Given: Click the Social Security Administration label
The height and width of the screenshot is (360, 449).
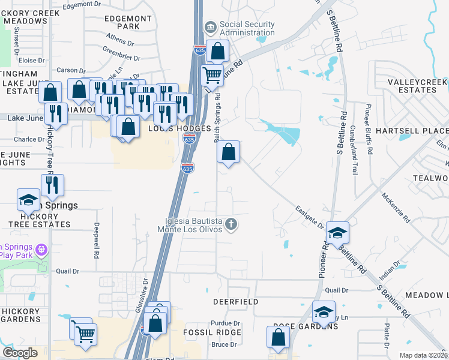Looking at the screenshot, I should click(247, 29).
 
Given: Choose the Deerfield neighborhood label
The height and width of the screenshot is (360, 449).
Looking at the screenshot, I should click(236, 301).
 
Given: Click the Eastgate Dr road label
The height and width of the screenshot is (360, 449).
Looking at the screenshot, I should click(309, 217).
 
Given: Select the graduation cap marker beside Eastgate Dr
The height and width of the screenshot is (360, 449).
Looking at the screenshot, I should click(337, 232).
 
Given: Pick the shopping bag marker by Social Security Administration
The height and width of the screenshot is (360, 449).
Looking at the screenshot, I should click(217, 51).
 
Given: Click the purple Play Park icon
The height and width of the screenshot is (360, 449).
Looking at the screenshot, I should click(41, 248).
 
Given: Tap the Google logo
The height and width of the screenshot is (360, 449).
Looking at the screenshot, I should click(20, 352).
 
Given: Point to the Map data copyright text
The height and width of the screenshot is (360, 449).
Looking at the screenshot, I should click(424, 355).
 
